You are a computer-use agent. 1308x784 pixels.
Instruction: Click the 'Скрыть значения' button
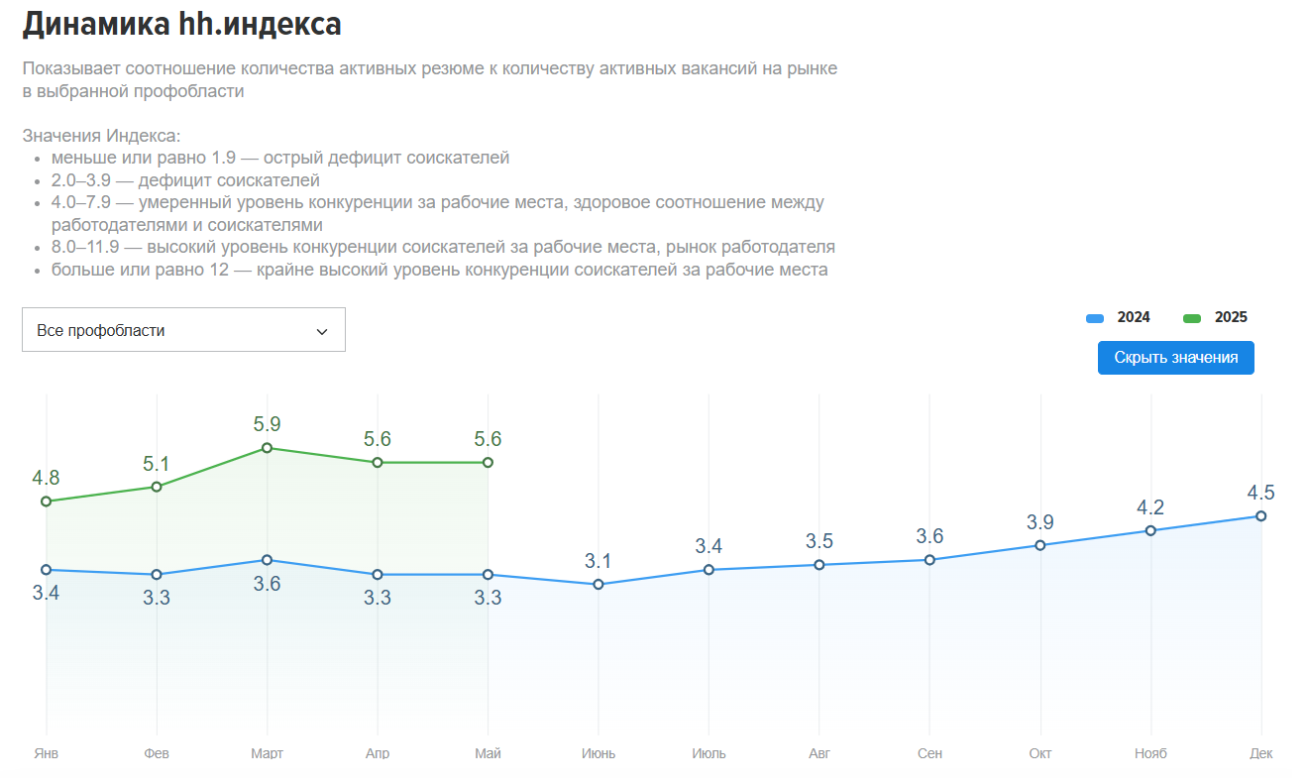click(1175, 358)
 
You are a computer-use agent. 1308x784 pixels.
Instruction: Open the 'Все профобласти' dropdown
click(183, 330)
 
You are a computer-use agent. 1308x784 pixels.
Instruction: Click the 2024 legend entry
click(1119, 317)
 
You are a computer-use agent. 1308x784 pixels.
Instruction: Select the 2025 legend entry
click(1216, 317)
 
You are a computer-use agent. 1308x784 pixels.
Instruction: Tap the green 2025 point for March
click(267, 448)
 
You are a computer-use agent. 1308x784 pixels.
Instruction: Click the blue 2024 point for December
click(1260, 515)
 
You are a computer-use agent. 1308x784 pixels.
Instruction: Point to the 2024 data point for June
click(599, 584)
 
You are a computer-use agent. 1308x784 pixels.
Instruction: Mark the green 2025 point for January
click(47, 502)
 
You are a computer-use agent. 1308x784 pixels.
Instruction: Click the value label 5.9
click(267, 424)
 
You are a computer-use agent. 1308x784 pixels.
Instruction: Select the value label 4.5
click(1260, 493)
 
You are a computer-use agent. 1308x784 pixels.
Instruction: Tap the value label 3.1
click(599, 561)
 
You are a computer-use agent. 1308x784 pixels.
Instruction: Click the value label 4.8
click(47, 478)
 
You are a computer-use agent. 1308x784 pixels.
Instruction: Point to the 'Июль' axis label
click(708, 753)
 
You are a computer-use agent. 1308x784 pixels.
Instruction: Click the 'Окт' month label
click(1039, 753)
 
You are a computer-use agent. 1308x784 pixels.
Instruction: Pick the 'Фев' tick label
click(157, 753)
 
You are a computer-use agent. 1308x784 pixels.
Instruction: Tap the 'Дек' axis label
click(1260, 753)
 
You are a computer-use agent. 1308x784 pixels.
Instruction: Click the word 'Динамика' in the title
click(95, 25)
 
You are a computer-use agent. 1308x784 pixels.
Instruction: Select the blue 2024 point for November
click(1150, 530)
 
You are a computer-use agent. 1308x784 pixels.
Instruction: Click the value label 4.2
click(1150, 507)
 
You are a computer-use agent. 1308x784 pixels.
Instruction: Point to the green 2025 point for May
click(488, 463)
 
